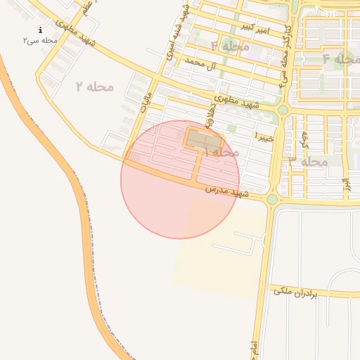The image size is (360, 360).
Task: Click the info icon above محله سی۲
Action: point(40,30)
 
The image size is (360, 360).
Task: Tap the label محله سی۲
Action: point(40,41)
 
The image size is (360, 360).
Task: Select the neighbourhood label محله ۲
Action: point(95,86)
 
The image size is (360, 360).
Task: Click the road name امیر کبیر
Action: point(255,29)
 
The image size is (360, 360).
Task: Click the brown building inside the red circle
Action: point(204,141)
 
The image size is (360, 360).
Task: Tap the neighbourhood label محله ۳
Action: point(309,161)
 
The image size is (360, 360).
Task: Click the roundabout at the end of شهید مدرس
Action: point(272,199)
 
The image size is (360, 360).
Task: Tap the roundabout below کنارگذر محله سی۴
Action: point(283,110)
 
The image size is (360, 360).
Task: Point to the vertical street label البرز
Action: point(346,186)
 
